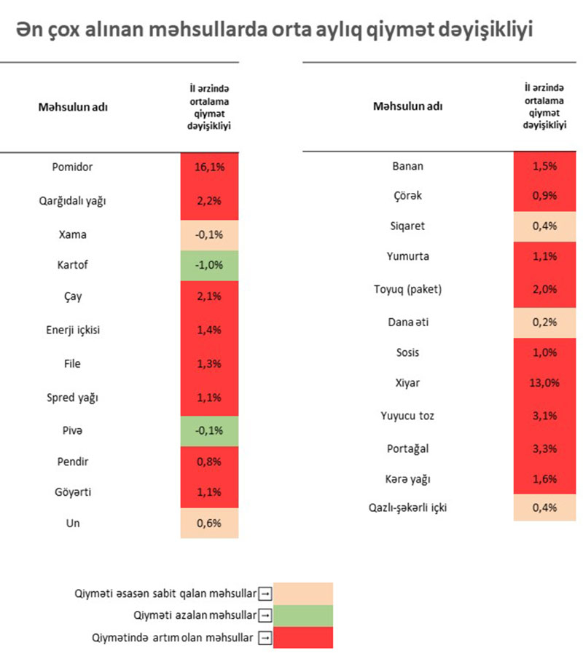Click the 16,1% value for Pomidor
pos(209,167)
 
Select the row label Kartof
pos(72,264)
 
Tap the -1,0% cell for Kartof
pos(209,264)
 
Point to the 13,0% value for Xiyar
pos(544,383)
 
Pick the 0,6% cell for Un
pos(209,523)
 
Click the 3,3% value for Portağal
pos(544,448)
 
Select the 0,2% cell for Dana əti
pos(544,321)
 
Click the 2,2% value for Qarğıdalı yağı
pos(209,200)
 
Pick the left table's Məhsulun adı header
pos(73,107)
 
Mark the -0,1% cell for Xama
pos(209,234)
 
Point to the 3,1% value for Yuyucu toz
pos(544,416)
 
